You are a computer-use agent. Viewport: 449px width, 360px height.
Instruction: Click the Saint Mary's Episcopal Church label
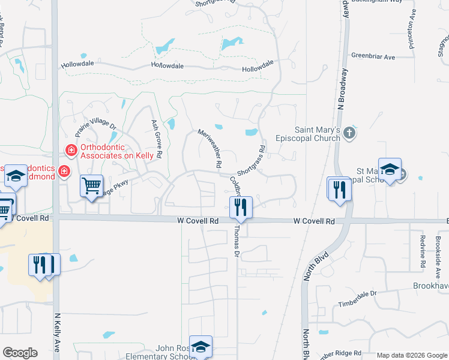[x=317, y=134]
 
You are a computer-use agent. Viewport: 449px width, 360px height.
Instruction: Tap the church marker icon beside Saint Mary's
[x=351, y=134]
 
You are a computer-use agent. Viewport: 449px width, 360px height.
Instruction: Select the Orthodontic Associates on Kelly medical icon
[x=71, y=149]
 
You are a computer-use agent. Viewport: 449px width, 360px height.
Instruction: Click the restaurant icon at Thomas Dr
[x=241, y=207]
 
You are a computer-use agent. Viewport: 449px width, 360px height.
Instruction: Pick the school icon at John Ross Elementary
[x=200, y=347]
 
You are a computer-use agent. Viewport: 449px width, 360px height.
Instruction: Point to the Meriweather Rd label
[x=211, y=148]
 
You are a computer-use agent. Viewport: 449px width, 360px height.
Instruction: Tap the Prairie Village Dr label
[x=95, y=127]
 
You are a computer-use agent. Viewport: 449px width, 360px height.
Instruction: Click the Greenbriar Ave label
[x=373, y=57]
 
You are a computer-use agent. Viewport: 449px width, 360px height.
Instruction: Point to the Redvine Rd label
[x=423, y=251]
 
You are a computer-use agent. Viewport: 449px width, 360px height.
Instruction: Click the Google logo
[x=20, y=353]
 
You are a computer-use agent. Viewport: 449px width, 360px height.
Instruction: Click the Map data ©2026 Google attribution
[x=411, y=355]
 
